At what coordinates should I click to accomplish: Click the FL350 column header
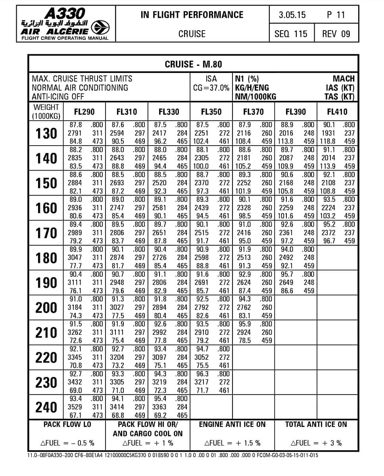211,112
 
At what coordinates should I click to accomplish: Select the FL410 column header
337,112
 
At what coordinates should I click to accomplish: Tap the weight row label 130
46,133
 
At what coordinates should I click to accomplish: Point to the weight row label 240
46,407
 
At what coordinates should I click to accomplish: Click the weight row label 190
46,282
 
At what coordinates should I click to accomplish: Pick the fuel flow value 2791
75,133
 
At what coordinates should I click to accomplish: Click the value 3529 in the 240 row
75,407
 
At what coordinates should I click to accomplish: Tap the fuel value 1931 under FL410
328,133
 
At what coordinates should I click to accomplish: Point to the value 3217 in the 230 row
202,382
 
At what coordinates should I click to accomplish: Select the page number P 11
336,15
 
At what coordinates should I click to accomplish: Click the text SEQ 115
291,34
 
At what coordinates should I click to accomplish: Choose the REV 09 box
336,34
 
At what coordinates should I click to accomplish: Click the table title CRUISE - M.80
193,64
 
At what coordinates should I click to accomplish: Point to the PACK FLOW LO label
67,424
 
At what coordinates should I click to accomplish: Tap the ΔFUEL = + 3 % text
316,443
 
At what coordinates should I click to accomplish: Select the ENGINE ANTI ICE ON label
232,424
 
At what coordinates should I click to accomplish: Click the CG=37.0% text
211,88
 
